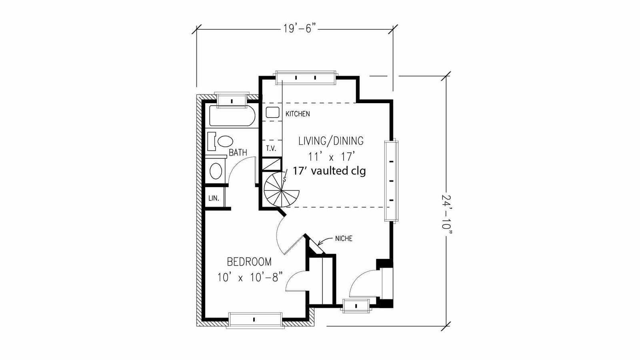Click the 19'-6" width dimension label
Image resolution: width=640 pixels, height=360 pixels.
(x=300, y=28)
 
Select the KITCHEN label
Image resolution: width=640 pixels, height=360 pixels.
(x=298, y=114)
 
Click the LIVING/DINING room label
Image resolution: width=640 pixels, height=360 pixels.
(x=331, y=141)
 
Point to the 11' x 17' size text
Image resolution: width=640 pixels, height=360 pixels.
(x=332, y=156)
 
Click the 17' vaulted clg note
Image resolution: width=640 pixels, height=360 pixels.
(x=329, y=171)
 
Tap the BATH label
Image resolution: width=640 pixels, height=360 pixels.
(x=238, y=152)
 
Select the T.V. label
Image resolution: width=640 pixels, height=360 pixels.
(x=271, y=148)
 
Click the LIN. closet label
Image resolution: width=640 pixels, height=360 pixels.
(x=214, y=198)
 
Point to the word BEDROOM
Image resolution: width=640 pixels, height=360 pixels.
(x=249, y=262)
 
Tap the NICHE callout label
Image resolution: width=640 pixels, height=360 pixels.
(x=344, y=238)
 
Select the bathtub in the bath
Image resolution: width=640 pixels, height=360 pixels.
(x=232, y=116)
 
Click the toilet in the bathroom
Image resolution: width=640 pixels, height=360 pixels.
(x=222, y=141)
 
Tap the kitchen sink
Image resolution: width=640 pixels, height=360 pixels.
(x=272, y=112)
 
